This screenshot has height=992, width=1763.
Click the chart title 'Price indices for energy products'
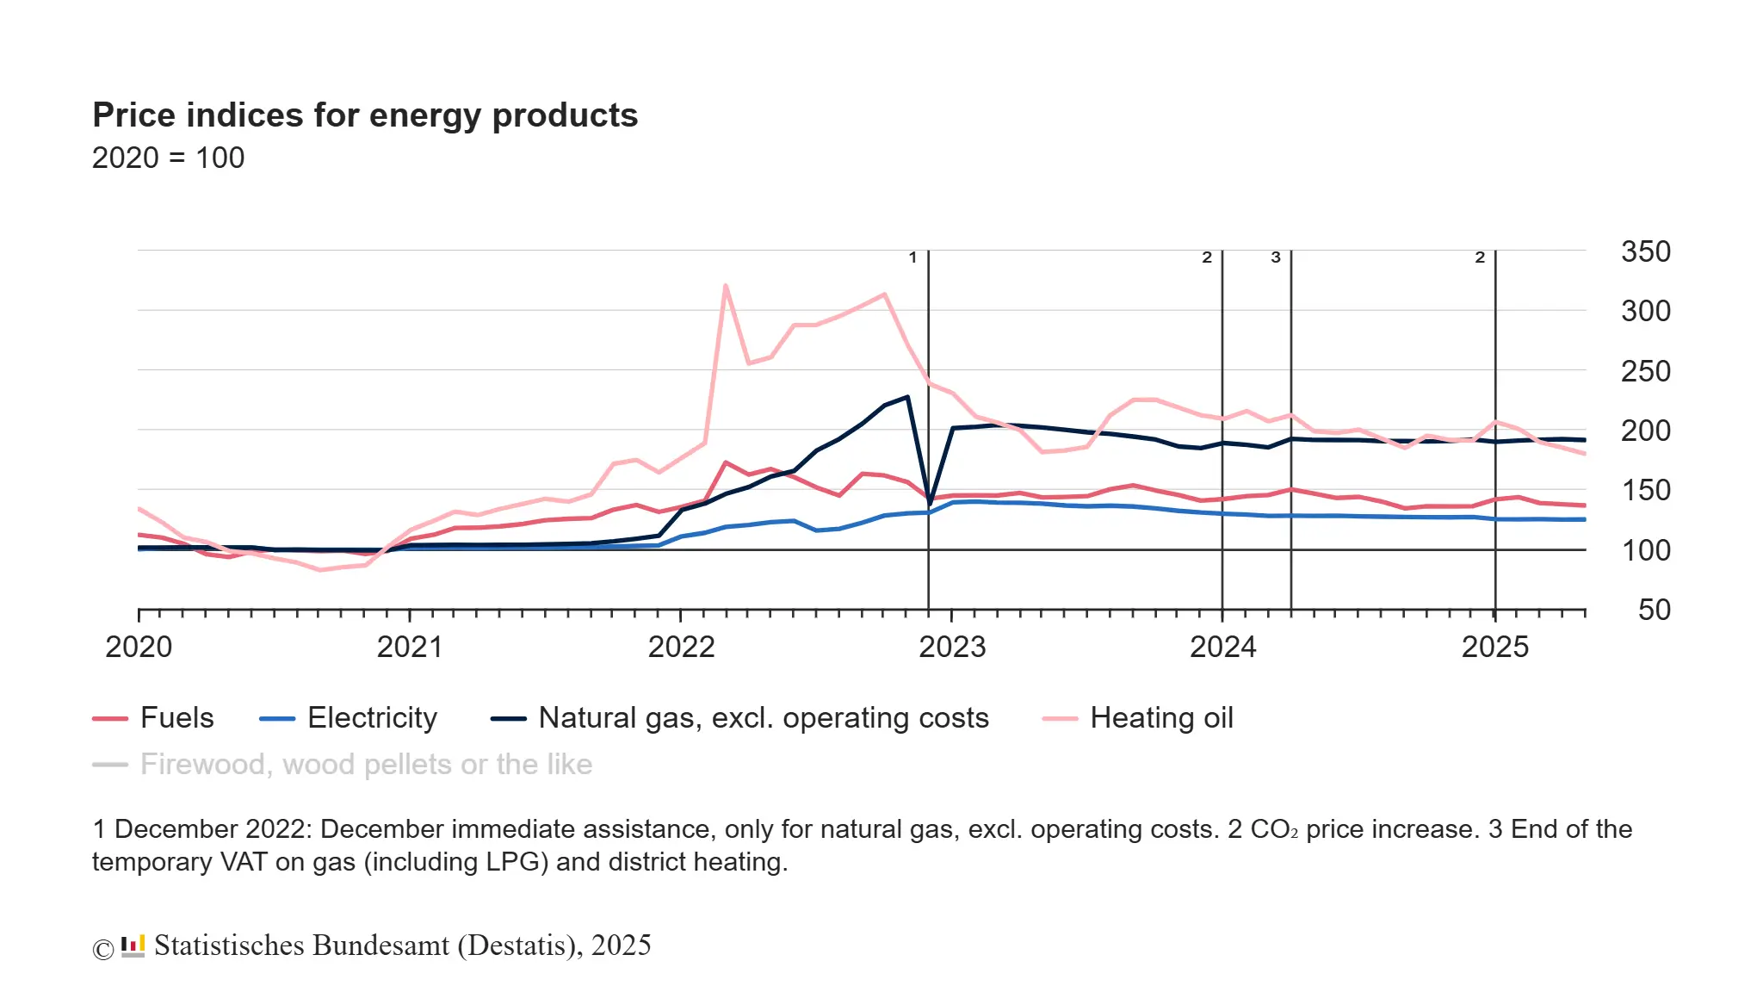(x=365, y=115)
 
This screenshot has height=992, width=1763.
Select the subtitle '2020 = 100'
(x=168, y=158)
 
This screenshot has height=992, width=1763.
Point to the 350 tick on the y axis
(x=1645, y=251)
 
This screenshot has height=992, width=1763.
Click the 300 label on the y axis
(x=1645, y=311)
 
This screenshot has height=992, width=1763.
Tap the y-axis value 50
(x=1654, y=610)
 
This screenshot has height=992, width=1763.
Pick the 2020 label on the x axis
(x=139, y=647)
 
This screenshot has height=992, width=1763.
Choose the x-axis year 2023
(x=952, y=647)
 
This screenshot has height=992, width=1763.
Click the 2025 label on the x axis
(x=1495, y=647)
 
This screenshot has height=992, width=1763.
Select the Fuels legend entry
(x=176, y=718)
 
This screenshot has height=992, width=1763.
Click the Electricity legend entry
(x=372, y=718)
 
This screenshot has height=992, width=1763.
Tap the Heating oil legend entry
(x=1161, y=718)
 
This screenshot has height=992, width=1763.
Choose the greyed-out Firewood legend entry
(x=366, y=765)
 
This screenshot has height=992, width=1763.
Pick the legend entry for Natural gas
(x=764, y=718)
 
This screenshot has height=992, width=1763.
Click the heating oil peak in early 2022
(x=726, y=286)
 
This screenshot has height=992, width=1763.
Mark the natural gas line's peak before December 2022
(x=907, y=397)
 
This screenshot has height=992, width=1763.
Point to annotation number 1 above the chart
(x=912, y=257)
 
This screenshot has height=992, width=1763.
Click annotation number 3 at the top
(x=1276, y=257)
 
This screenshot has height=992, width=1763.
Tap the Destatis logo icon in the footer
(x=133, y=946)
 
